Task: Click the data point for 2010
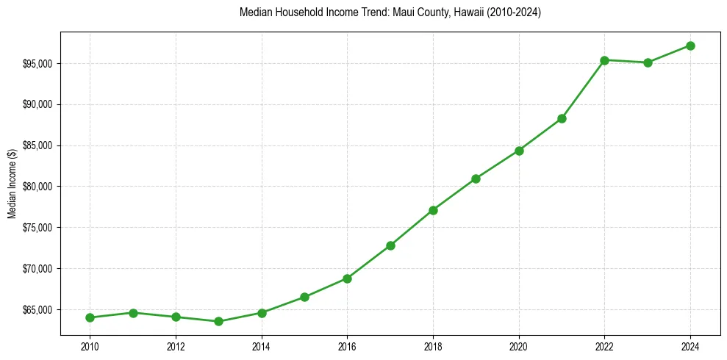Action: [x=90, y=317]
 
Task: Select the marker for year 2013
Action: [x=218, y=321]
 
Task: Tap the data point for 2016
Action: [x=347, y=278]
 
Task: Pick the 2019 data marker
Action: [x=476, y=179]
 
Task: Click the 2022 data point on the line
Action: [x=604, y=60]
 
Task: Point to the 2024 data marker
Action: [x=690, y=46]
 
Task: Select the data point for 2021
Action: [x=562, y=118]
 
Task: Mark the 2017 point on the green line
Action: [x=390, y=245]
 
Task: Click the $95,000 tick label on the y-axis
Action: [x=38, y=64]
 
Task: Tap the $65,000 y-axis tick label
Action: [x=38, y=309]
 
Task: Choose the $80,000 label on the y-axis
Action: [x=38, y=187]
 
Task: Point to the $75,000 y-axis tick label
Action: [x=38, y=228]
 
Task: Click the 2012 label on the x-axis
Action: [x=176, y=345]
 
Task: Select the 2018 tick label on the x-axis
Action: [x=433, y=345]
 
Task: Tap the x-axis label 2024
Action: [x=690, y=345]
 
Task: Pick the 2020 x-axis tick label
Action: [x=519, y=345]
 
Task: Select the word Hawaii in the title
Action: [x=464, y=13]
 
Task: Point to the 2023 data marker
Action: [x=648, y=62]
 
